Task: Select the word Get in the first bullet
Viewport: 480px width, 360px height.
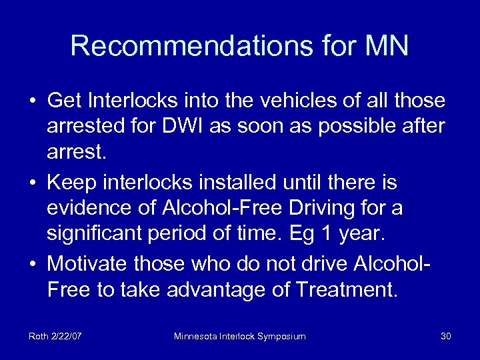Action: click(63, 101)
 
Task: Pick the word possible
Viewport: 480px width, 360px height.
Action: click(341, 127)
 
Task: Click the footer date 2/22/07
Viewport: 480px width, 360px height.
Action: click(69, 336)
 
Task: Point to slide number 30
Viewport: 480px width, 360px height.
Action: click(446, 336)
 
